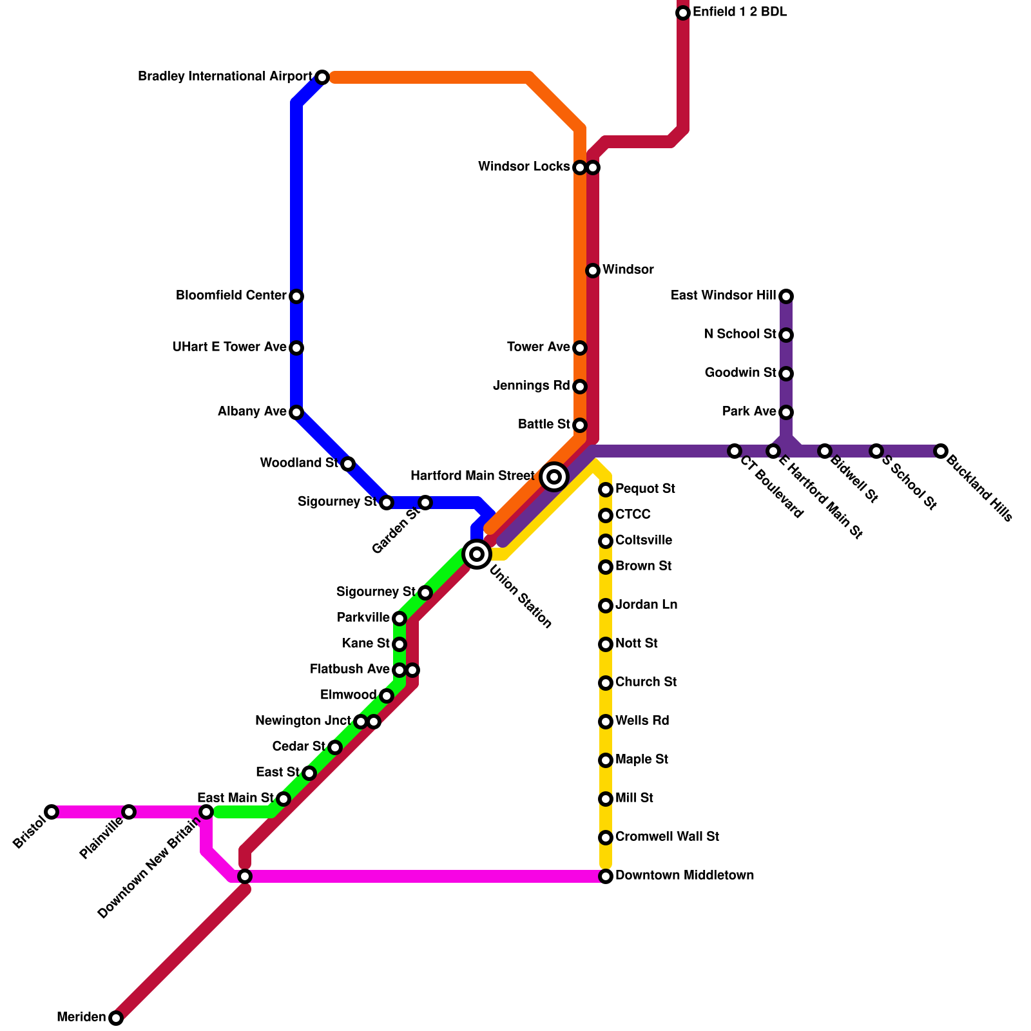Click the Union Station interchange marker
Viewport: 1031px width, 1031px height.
(477, 554)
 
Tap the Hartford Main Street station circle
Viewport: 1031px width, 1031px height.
(554, 477)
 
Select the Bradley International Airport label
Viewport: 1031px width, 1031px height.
(225, 77)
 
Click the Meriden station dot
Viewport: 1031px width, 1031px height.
(116, 1018)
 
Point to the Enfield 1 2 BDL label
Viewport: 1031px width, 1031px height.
(740, 12)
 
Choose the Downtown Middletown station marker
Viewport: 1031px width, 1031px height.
(606, 876)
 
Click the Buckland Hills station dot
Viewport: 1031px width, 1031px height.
(941, 451)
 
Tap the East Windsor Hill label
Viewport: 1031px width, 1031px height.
(723, 296)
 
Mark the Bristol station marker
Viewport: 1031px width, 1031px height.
(52, 812)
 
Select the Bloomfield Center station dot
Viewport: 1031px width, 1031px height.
(296, 296)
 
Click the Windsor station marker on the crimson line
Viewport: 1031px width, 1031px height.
(593, 271)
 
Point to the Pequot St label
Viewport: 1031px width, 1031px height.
(645, 489)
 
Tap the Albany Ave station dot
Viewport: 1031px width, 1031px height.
(296, 412)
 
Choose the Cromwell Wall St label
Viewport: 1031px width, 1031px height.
(667, 837)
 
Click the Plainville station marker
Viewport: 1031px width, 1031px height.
(129, 812)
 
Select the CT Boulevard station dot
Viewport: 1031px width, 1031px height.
(735, 451)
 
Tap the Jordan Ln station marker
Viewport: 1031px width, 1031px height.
(606, 606)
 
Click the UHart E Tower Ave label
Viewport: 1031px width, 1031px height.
(229, 347)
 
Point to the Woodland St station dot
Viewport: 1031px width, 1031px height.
(348, 464)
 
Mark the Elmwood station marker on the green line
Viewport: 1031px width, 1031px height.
(387, 696)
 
